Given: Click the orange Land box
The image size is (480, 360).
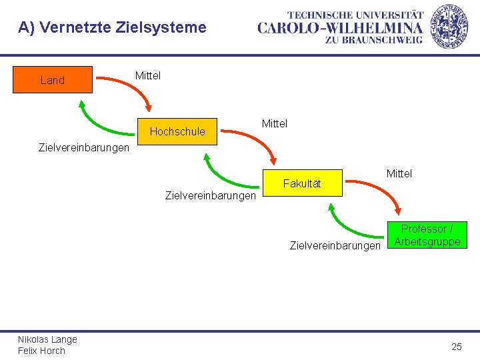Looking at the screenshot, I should (53, 80).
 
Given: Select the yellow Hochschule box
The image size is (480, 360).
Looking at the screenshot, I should (177, 131).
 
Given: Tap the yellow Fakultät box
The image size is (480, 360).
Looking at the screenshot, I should (302, 183).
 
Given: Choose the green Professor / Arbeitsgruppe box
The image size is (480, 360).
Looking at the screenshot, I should (427, 235).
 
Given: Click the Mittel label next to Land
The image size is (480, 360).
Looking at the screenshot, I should (148, 75).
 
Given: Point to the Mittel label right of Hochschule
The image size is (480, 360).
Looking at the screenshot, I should (275, 123).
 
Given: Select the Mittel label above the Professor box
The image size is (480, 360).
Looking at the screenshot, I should (399, 173).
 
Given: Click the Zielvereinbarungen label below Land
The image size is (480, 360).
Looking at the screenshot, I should (85, 147).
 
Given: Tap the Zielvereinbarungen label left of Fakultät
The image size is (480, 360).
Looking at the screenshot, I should (210, 196).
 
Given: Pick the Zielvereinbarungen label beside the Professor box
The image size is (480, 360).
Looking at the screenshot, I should (335, 245).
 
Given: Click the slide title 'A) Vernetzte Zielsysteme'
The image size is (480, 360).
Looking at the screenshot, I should (112, 27).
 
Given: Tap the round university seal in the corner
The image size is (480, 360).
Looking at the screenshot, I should (449, 26).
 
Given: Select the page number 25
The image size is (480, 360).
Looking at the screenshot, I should (457, 346).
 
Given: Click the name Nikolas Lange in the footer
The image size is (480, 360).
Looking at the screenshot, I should (47, 339).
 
